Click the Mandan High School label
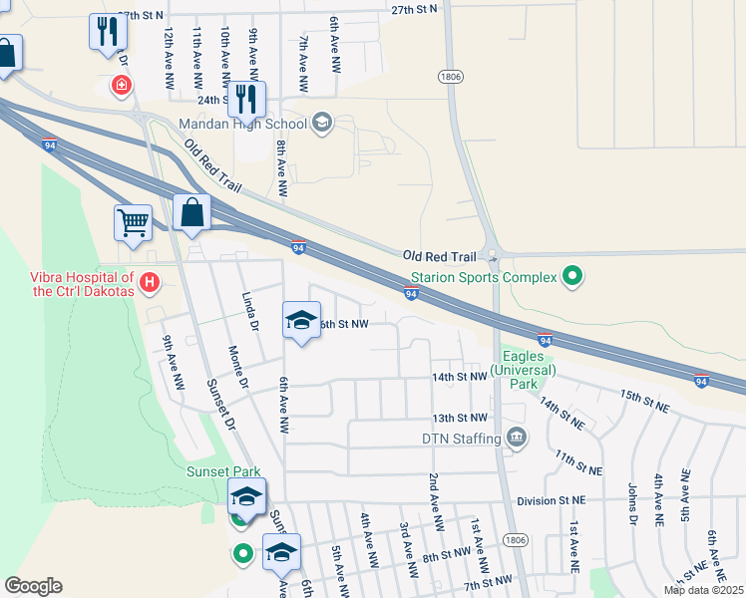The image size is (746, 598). [242, 124]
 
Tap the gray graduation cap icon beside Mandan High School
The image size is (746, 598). [321, 123]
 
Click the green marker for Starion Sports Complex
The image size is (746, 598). [572, 276]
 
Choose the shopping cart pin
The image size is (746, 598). [133, 223]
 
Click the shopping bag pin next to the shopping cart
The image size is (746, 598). [191, 213]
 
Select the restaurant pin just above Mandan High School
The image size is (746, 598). [246, 99]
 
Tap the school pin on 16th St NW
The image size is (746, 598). [301, 320]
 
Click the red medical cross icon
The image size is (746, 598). [122, 87]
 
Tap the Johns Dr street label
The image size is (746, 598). [632, 503]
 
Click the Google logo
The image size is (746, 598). [33, 586]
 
